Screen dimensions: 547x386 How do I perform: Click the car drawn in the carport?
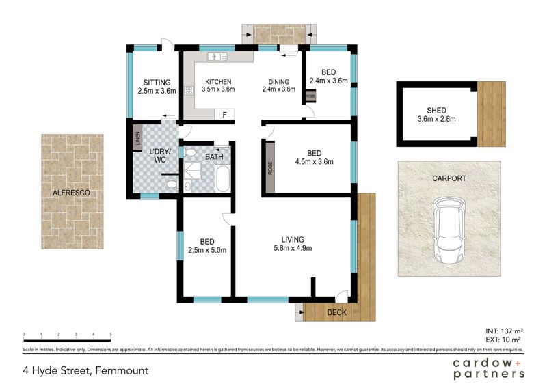(x=450, y=232)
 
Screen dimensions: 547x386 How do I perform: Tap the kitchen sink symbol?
(x=217, y=57)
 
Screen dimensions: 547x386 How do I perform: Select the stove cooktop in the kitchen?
(x=189, y=91)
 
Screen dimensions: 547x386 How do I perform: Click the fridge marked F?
(x=224, y=114)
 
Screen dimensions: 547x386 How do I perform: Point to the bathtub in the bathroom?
(x=223, y=179)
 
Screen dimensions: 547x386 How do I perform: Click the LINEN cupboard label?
(x=137, y=138)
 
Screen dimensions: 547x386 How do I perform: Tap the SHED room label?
(x=436, y=111)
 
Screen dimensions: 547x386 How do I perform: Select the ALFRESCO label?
(x=71, y=193)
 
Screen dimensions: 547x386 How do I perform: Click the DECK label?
(x=336, y=312)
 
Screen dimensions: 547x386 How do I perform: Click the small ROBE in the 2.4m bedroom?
(x=311, y=96)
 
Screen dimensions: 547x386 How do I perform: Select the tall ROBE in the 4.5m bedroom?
(x=270, y=167)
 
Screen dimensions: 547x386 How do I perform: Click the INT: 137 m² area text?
(x=504, y=331)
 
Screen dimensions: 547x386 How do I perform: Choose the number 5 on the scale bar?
(x=111, y=334)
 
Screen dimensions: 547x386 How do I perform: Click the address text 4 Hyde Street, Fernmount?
(x=85, y=370)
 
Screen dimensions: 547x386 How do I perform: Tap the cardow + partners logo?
(x=488, y=368)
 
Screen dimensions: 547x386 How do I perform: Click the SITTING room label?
(x=157, y=83)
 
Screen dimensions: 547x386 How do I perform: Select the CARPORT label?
(x=449, y=178)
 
